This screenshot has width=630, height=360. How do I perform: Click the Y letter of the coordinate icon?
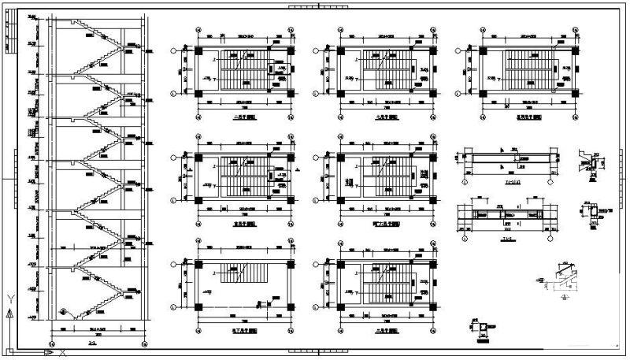9,298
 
